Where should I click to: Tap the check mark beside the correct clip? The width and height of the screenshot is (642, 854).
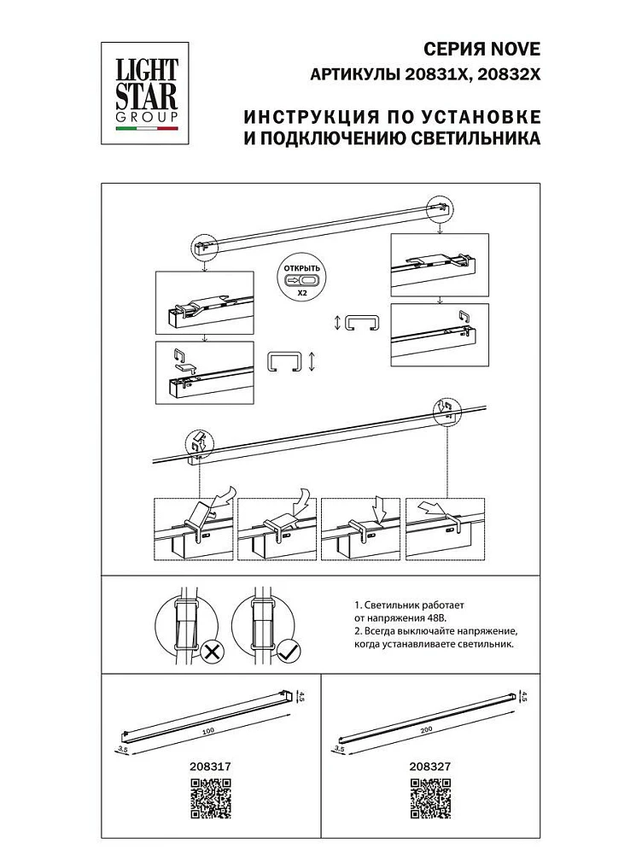click(288, 653)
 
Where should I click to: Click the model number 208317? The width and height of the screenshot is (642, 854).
click(207, 767)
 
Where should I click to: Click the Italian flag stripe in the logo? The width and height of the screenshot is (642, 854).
click(147, 129)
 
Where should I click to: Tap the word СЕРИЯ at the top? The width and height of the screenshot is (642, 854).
click(455, 49)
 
